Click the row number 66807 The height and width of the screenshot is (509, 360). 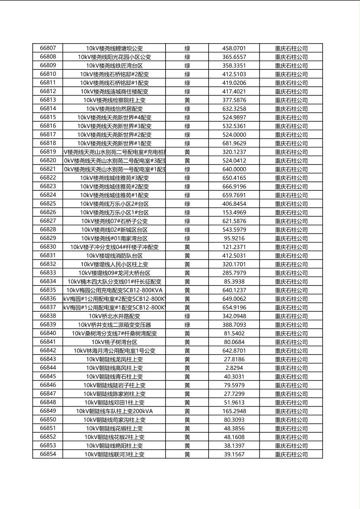point(48,48)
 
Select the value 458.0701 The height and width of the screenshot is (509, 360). point(234,48)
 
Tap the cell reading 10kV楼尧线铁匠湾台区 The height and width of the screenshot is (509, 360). point(114,65)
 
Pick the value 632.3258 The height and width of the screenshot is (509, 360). point(234,108)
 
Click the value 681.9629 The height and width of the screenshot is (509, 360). point(234,143)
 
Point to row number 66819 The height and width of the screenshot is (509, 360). point(48,152)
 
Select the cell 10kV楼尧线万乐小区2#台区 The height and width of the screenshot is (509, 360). point(114,204)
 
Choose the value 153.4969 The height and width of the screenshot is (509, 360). point(234,213)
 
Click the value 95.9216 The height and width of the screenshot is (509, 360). point(234,238)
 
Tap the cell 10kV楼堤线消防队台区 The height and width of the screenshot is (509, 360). point(114,256)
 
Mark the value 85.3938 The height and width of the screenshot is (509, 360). point(234,282)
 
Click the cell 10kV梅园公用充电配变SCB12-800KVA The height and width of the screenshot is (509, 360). point(114,290)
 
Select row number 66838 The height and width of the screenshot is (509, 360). point(48,316)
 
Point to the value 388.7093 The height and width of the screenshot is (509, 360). point(234,325)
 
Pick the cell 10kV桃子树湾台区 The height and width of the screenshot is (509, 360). point(114,342)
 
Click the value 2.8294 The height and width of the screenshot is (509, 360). point(234,368)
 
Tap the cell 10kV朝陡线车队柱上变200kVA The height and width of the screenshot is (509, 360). point(114,411)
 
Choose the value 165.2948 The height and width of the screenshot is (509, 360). point(234,411)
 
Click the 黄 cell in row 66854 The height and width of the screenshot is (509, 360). point(187,455)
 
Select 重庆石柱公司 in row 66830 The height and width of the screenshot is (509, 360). point(291,247)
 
